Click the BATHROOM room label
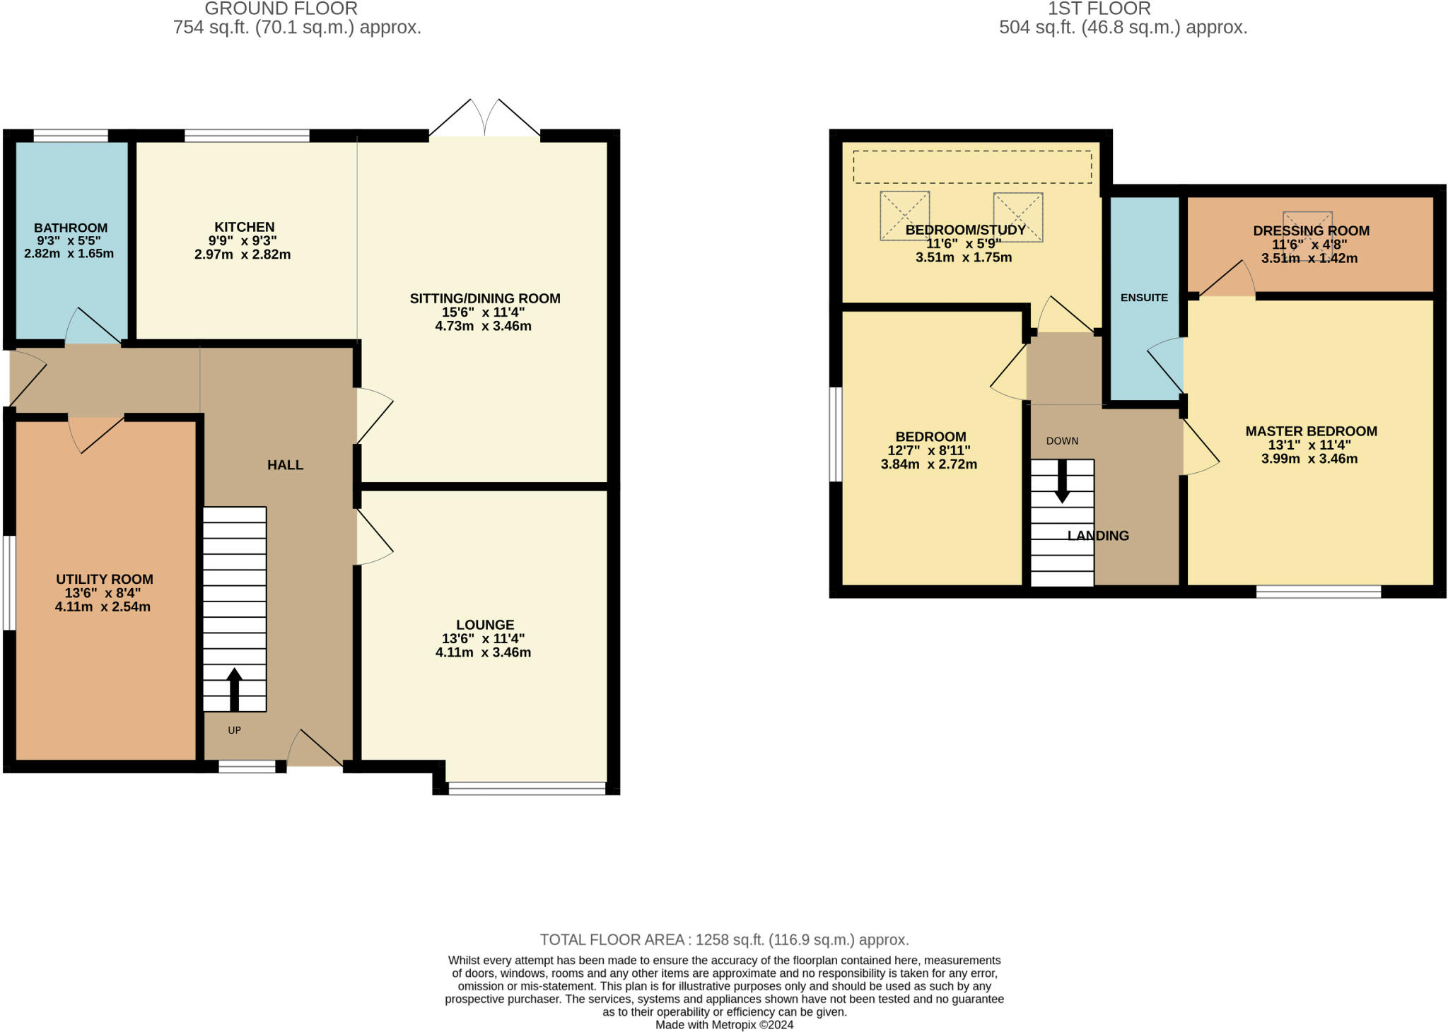pos(71,228)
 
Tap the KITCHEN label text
pos(245,227)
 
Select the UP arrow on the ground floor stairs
pos(234,689)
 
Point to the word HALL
pos(285,464)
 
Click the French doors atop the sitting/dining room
pos(485,119)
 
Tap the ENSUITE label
pos(1144,298)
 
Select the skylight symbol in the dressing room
pos(1307,226)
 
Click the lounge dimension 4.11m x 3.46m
pos(483,652)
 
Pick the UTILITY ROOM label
pos(105,579)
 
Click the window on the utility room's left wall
pos(8,582)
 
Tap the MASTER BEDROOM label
pos(1311,431)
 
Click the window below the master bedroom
pos(1318,592)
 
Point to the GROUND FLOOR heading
pos(281,9)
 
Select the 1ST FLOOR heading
pos(1099,9)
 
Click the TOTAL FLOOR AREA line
pos(724,939)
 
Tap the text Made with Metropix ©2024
pos(724,1024)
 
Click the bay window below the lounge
pos(527,788)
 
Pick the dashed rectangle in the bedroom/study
pos(972,167)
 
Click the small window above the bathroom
pos(71,136)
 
